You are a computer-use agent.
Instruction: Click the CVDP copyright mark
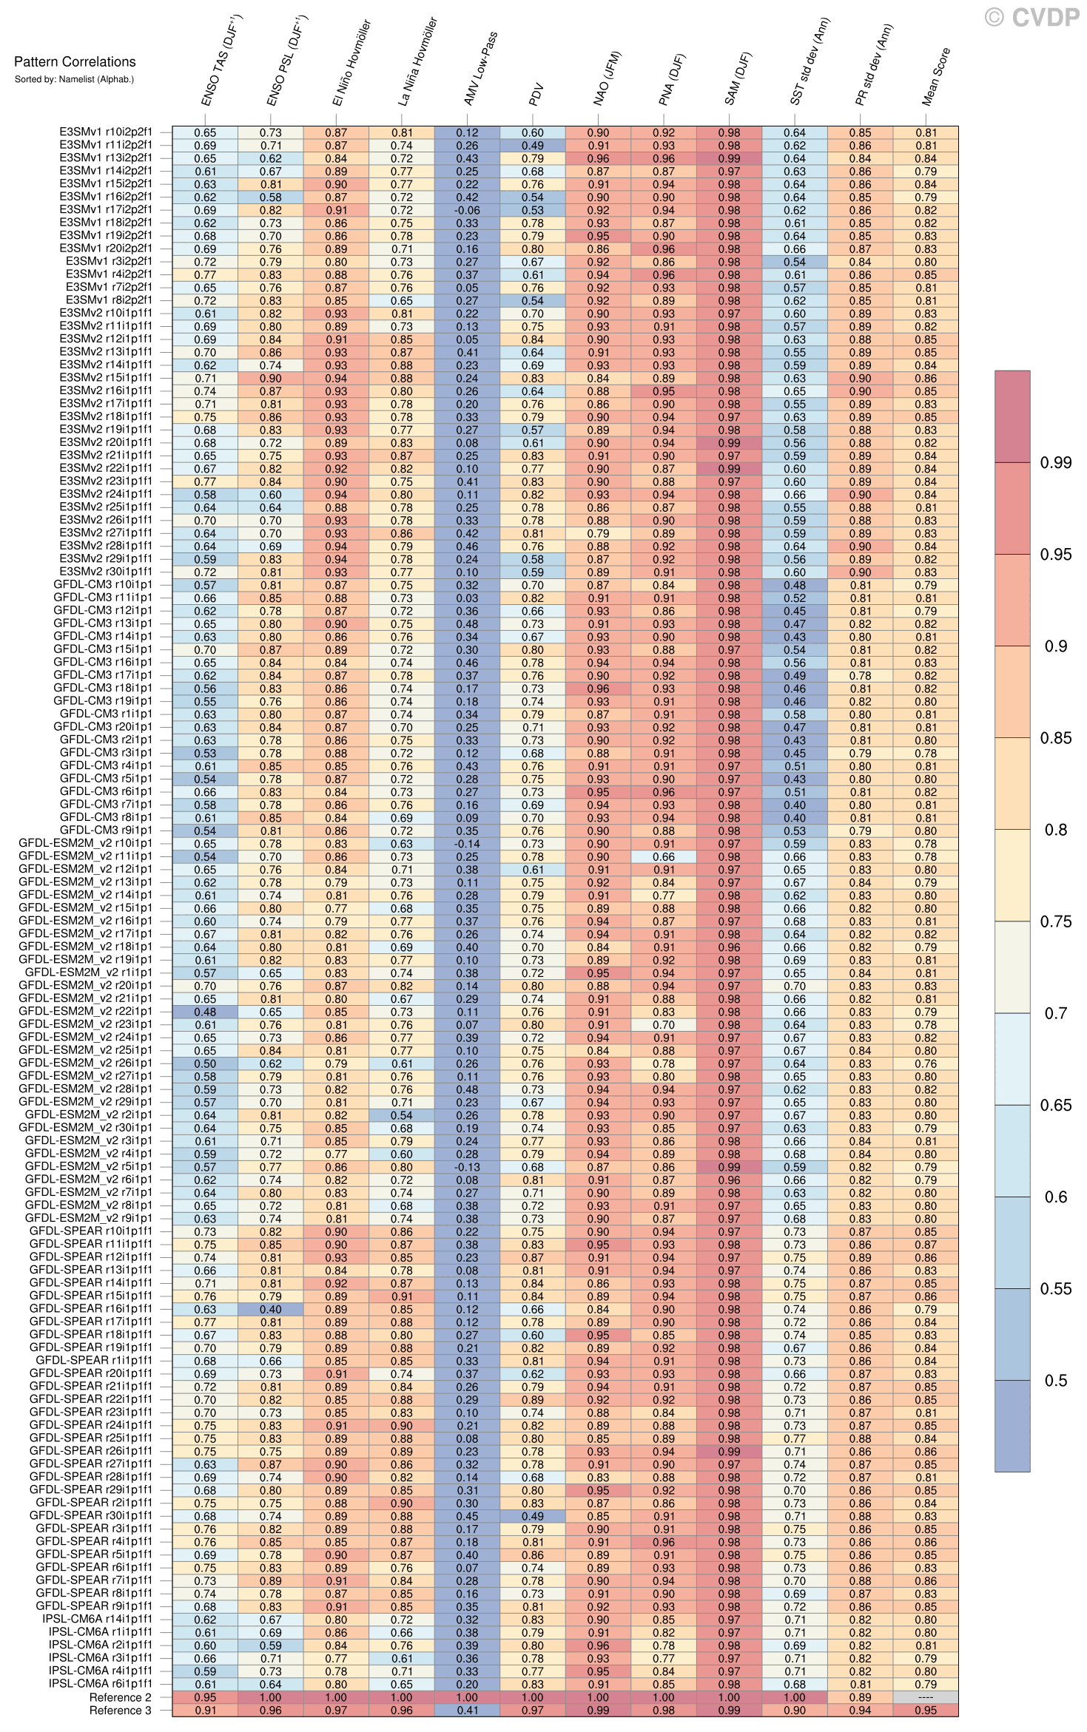[1032, 17]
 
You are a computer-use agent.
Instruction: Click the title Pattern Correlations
[75, 61]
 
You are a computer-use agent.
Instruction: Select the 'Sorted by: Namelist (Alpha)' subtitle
[74, 79]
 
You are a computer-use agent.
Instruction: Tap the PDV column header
[537, 95]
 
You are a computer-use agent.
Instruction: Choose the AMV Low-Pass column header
[481, 69]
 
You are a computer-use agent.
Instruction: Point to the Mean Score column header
[936, 78]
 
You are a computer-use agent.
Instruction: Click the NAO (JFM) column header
[608, 79]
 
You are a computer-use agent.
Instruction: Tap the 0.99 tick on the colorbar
[1055, 463]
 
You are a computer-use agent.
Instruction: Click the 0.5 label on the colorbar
[1055, 1381]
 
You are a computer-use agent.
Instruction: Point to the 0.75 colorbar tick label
[1055, 921]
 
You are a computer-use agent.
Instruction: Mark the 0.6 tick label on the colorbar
[1055, 1197]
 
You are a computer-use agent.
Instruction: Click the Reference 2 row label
[120, 1697]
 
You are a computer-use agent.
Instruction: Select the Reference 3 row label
[120, 1711]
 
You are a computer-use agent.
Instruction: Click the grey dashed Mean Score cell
[925, 1697]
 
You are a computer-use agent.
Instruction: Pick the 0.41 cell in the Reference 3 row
[467, 1711]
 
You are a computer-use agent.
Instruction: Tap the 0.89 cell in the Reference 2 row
[860, 1697]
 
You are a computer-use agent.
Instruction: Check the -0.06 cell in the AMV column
[467, 210]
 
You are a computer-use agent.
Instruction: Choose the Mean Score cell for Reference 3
[925, 1711]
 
